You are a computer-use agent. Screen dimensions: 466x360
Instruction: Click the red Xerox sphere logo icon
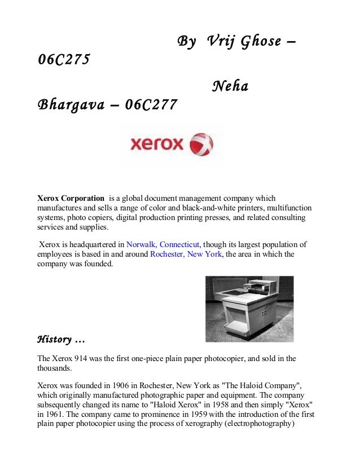202,144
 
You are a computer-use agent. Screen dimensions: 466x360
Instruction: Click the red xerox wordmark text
157,145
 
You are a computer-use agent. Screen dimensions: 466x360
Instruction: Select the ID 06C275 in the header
63,60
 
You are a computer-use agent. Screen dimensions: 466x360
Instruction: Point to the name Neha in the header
230,87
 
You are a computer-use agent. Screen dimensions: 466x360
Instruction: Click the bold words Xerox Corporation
71,199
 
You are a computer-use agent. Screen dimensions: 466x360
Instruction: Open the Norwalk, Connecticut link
163,245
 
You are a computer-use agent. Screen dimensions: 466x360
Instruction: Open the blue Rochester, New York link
187,254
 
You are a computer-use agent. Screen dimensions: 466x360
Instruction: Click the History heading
60,339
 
